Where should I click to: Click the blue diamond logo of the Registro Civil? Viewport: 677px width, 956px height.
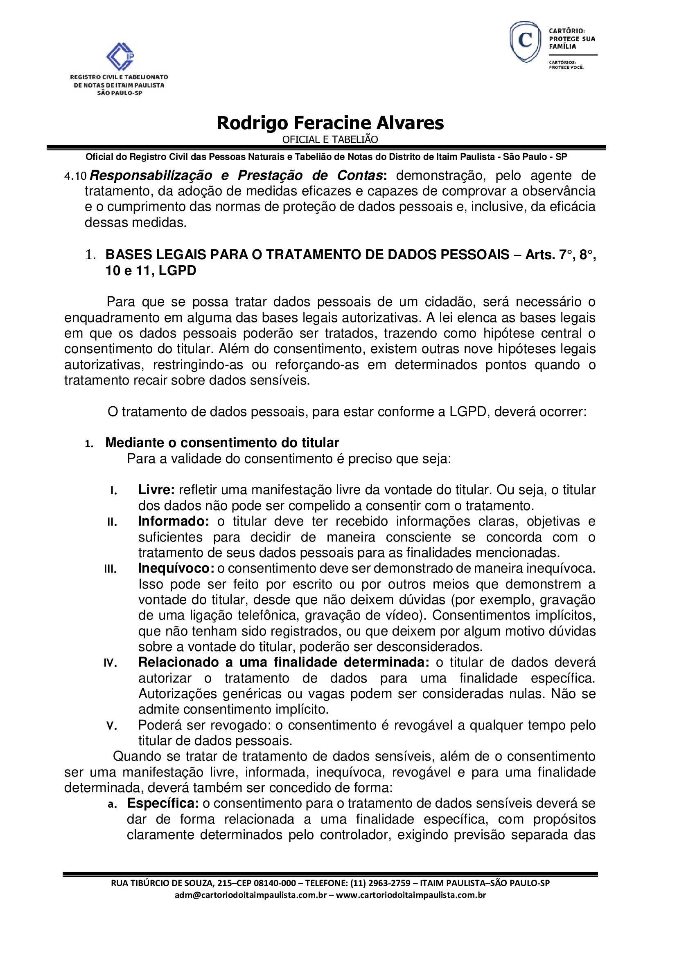(120, 56)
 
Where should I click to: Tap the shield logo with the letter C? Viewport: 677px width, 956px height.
(525, 42)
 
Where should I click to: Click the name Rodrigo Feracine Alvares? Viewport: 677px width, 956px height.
(330, 123)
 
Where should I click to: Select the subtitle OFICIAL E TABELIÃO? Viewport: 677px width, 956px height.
(330, 139)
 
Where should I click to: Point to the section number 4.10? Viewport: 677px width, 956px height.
(75, 177)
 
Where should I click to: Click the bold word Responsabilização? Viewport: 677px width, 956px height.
(151, 176)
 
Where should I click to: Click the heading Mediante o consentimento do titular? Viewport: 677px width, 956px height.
(222, 443)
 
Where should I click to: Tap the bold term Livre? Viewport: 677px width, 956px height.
(156, 490)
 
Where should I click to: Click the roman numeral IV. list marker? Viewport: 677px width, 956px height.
(111, 663)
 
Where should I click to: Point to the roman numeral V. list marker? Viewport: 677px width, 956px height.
(111, 726)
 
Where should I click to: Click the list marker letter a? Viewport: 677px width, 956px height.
(112, 804)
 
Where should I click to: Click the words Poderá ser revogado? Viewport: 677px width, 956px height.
(204, 725)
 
